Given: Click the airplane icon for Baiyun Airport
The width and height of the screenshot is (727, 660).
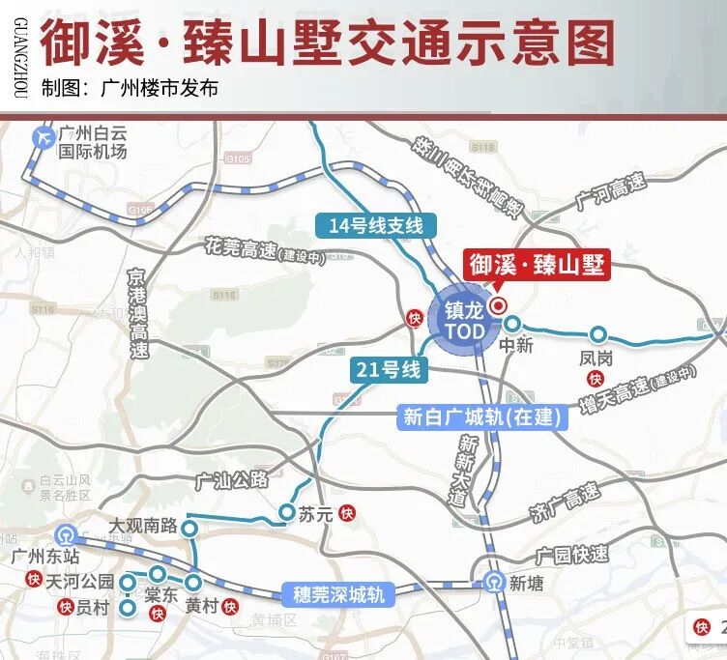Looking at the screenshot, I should [x=43, y=137].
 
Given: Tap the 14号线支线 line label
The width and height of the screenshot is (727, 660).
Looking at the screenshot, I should [x=376, y=226].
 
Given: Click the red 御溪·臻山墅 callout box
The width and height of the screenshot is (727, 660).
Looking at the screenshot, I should [x=538, y=265].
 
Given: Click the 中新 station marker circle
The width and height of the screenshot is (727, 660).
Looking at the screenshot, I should [x=513, y=324].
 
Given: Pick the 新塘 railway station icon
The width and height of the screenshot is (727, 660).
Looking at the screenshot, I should [x=493, y=583].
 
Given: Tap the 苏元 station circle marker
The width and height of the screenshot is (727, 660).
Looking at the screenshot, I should [x=287, y=512].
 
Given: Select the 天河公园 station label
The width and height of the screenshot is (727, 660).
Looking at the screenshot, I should [x=80, y=582].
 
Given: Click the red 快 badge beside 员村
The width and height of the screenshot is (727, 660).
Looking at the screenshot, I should [x=65, y=607].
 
